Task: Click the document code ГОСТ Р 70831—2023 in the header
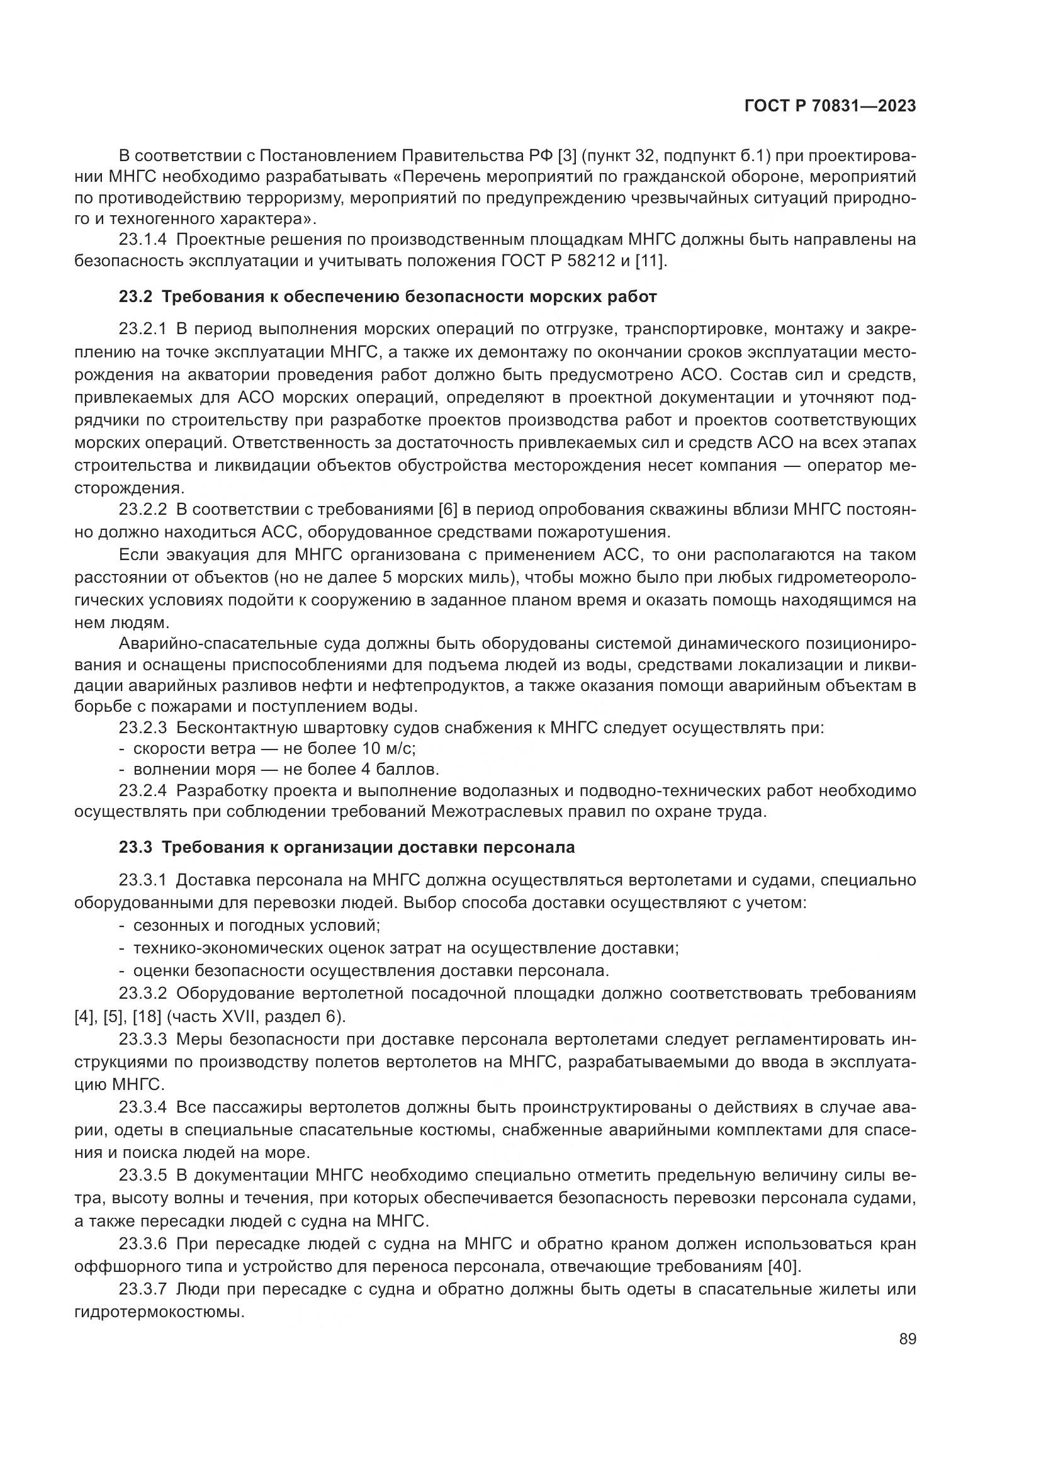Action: point(830,106)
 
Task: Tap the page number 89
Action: point(907,1339)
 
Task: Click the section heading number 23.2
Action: point(135,297)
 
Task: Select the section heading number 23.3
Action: point(135,848)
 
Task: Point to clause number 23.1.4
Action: point(142,240)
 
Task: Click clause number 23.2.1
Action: point(142,330)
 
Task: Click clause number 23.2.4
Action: point(142,791)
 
